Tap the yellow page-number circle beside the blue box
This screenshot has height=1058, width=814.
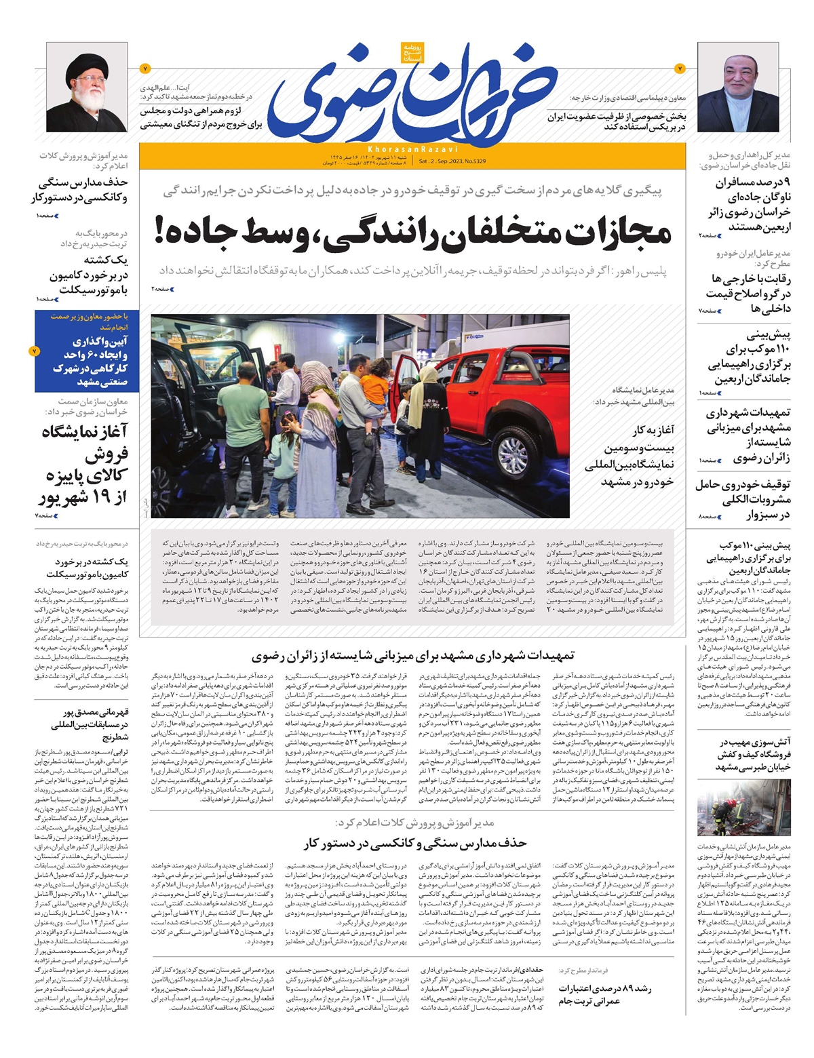[x=35, y=351]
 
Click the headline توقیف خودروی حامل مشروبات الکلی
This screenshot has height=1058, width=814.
[x=743, y=500]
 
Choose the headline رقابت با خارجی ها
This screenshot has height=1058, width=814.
[x=746, y=293]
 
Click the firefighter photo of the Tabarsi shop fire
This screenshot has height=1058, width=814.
[x=743, y=810]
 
